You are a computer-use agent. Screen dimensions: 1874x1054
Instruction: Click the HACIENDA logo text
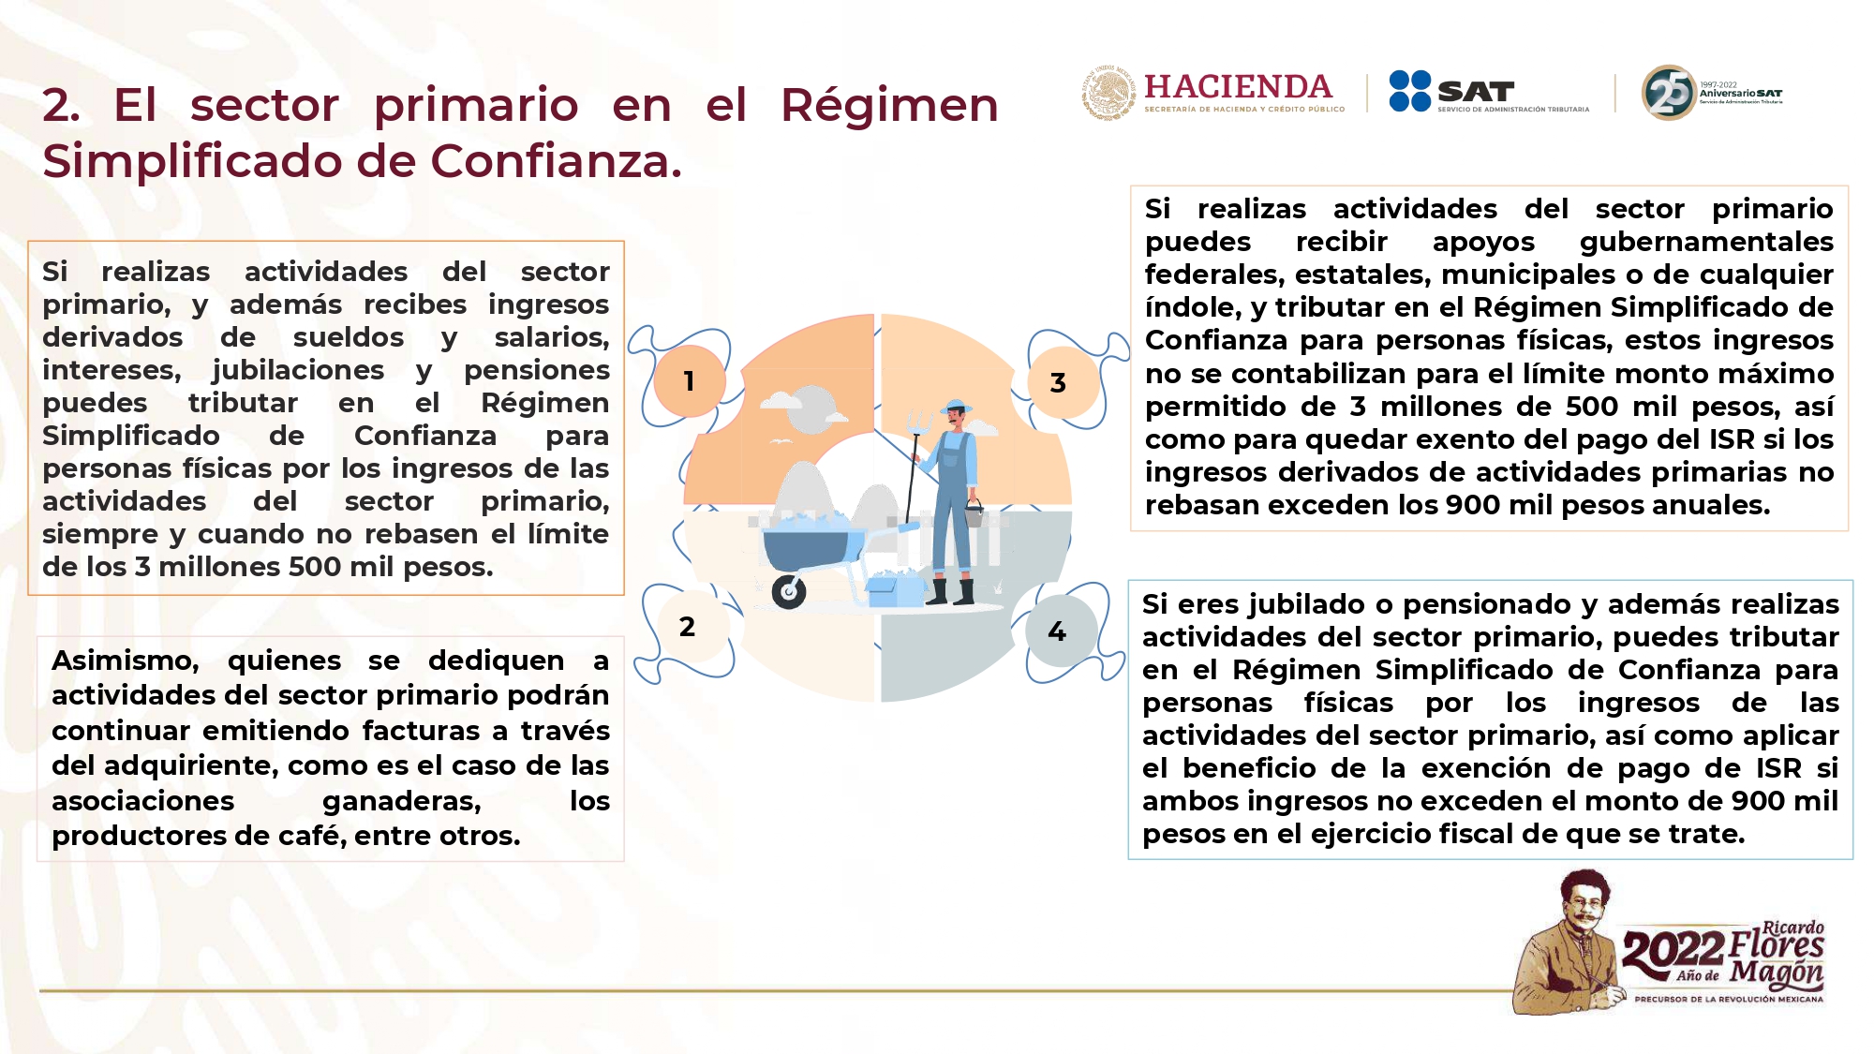click(x=1238, y=87)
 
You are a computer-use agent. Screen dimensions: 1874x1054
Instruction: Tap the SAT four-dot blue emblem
click(x=1410, y=91)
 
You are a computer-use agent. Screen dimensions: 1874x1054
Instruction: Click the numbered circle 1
click(x=690, y=381)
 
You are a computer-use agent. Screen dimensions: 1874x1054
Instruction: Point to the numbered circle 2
click(x=688, y=627)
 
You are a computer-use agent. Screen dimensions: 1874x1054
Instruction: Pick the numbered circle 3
click(x=1059, y=382)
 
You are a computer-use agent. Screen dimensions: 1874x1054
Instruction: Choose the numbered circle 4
click(x=1058, y=631)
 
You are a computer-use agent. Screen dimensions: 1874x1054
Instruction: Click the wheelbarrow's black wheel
click(x=789, y=592)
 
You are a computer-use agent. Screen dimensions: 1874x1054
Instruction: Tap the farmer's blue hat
click(x=955, y=407)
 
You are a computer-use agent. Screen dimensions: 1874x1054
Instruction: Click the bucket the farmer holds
click(x=974, y=513)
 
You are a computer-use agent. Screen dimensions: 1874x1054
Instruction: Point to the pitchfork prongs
click(x=918, y=422)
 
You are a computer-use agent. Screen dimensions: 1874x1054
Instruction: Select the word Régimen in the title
click(x=889, y=105)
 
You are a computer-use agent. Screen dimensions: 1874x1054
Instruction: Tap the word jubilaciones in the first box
click(x=298, y=371)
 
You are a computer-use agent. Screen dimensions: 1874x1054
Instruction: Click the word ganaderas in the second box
click(x=401, y=802)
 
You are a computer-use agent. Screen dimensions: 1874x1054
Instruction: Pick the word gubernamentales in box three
click(x=1706, y=243)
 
